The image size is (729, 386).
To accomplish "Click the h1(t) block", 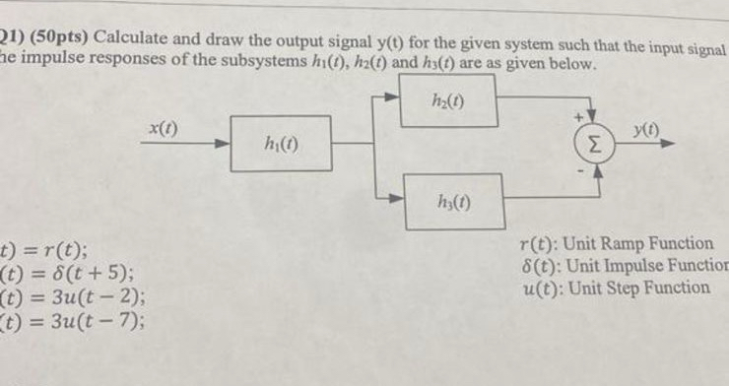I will (x=281, y=144).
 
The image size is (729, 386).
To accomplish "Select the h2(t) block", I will (x=447, y=99).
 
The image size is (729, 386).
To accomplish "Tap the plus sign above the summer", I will (x=577, y=115).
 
